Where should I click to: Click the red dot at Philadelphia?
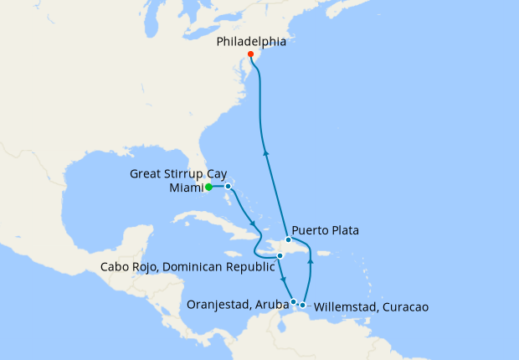[x=251, y=54]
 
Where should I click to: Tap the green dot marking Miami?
[x=208, y=188]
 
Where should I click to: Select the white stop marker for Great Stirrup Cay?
[x=228, y=187]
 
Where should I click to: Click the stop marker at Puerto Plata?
[x=288, y=239]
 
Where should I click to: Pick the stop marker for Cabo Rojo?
[x=280, y=255]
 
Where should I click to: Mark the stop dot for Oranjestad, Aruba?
[x=293, y=301]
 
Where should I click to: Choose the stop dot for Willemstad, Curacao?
[x=303, y=305]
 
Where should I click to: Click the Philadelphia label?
[x=251, y=41]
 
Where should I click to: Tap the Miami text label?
[x=184, y=188]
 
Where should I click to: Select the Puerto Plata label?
[x=325, y=230]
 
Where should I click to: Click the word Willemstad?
[x=347, y=307]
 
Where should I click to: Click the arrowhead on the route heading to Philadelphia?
[x=265, y=152]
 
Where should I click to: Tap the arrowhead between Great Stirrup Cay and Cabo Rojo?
[x=253, y=224]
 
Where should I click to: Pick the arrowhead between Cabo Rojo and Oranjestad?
[x=285, y=280]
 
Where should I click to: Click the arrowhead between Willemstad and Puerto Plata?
[x=310, y=262]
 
